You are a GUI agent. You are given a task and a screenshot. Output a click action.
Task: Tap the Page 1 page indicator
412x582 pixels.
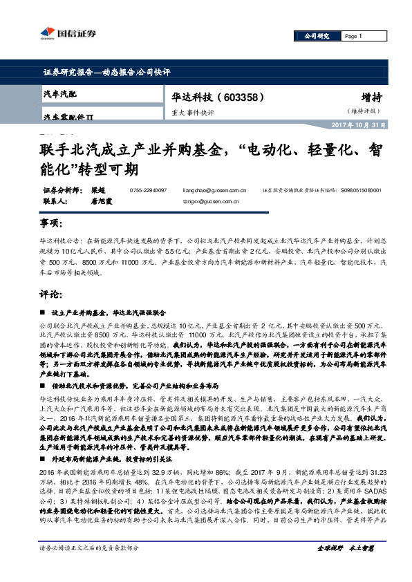point(353,36)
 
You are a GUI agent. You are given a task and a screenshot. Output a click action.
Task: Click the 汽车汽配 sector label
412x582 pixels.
point(59,93)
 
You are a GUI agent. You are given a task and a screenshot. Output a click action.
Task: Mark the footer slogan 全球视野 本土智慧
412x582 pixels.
point(345,567)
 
